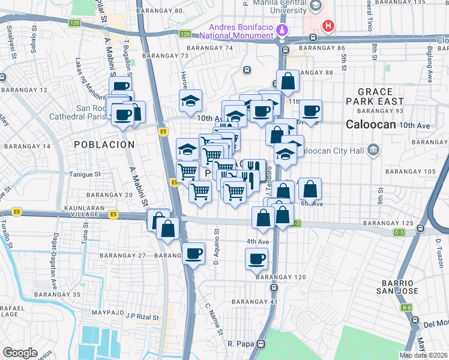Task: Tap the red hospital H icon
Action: click(328, 26)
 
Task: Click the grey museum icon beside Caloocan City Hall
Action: click(373, 149)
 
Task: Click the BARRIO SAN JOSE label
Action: click(395, 287)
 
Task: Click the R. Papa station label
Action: click(239, 344)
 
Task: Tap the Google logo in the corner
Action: click(20, 353)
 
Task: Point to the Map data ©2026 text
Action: click(423, 355)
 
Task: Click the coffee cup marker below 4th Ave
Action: click(256, 259)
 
